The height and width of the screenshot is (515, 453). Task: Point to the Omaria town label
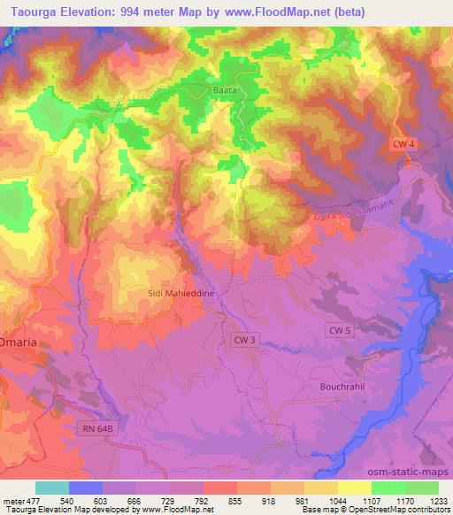pos(18,342)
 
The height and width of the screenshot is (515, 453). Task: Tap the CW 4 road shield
pos(404,143)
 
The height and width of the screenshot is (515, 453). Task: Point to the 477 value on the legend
pos(34,500)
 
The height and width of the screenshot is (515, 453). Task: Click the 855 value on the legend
pos(235,500)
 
